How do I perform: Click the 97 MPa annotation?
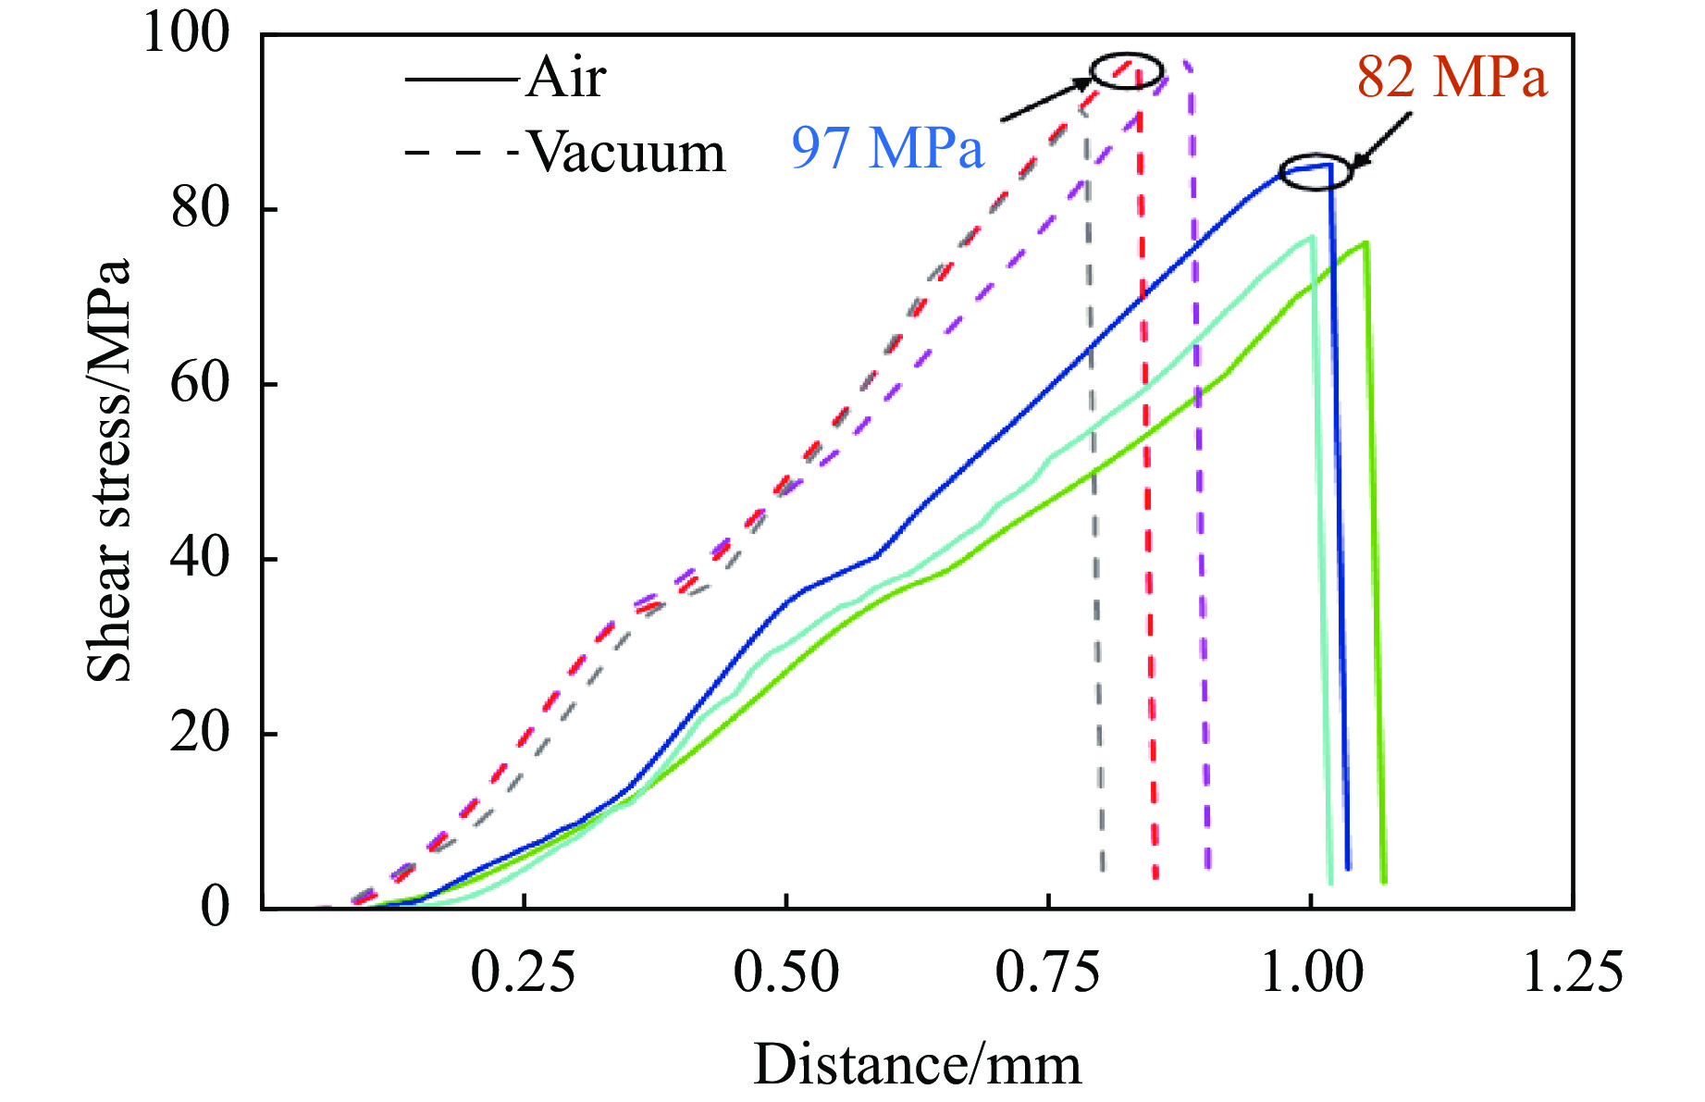pyautogui.click(x=886, y=148)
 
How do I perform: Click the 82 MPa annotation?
pyautogui.click(x=1452, y=77)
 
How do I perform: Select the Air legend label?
pyautogui.click(x=566, y=78)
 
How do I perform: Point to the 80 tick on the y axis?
pyautogui.click(x=199, y=209)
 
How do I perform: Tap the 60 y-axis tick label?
pyautogui.click(x=199, y=384)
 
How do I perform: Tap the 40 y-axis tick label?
pyautogui.click(x=199, y=559)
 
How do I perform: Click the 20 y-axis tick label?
pyautogui.click(x=199, y=734)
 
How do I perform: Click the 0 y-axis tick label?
pyautogui.click(x=215, y=907)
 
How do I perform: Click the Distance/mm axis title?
pyautogui.click(x=917, y=1065)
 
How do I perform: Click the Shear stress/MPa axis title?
pyautogui.click(x=109, y=470)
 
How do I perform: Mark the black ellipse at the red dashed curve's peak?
pyautogui.click(x=1126, y=71)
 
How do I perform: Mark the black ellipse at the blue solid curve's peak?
pyautogui.click(x=1316, y=172)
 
